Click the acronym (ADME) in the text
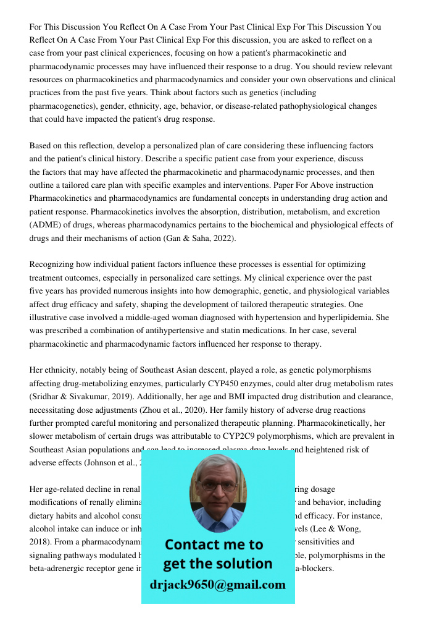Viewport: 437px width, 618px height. coord(47,225)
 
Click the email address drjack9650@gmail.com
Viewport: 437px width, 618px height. coord(217,585)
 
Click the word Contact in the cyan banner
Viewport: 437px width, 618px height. coord(196,544)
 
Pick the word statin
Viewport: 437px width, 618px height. coord(248,331)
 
